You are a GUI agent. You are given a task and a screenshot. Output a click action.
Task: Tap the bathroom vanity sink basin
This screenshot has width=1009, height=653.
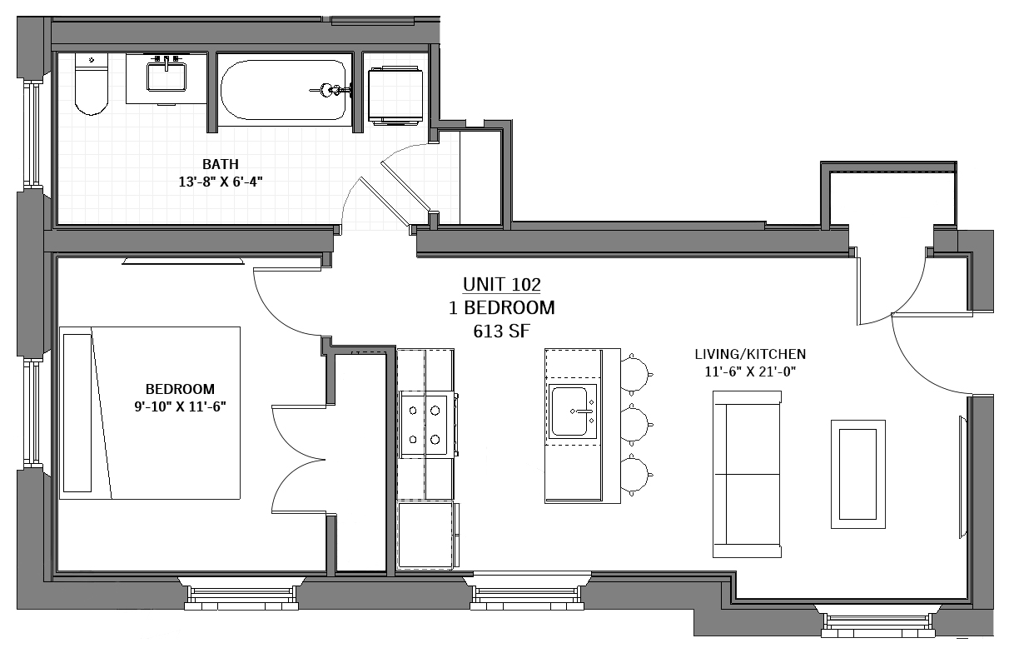point(167,77)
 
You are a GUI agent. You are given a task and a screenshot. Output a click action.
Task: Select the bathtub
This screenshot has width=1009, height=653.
point(284,90)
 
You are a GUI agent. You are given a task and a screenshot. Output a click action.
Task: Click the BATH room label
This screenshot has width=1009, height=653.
point(221,164)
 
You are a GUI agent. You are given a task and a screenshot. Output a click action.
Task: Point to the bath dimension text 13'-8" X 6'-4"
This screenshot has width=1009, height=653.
point(221,182)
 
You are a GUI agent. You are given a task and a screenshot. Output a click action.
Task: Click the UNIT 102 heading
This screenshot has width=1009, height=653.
point(502,284)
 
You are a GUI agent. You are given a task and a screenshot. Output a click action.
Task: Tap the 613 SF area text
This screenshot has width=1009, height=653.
point(502,331)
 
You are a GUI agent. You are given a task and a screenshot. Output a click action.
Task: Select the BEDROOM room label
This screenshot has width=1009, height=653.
point(180,389)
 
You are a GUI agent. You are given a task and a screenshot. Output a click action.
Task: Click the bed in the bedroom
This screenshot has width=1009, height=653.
point(150,413)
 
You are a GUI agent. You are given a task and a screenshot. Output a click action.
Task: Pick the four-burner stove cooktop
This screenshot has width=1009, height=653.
point(425,424)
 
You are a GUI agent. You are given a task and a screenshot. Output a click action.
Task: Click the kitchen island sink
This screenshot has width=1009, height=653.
point(572,411)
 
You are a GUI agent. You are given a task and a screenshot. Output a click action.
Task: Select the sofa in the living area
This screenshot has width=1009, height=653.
point(747,474)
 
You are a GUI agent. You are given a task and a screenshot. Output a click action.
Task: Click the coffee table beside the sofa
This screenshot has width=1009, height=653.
point(858,474)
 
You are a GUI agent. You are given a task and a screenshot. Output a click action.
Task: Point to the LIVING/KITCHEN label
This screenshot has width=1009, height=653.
point(750,354)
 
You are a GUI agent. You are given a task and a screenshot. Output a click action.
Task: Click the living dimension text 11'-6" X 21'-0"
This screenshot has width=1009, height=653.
point(750,372)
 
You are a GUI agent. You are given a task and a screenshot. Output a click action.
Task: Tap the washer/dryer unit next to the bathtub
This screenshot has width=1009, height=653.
point(395,95)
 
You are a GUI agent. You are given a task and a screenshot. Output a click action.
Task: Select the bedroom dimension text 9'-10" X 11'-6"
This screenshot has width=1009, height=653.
point(180,407)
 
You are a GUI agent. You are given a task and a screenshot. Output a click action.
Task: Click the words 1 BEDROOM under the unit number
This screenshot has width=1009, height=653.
point(502,308)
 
